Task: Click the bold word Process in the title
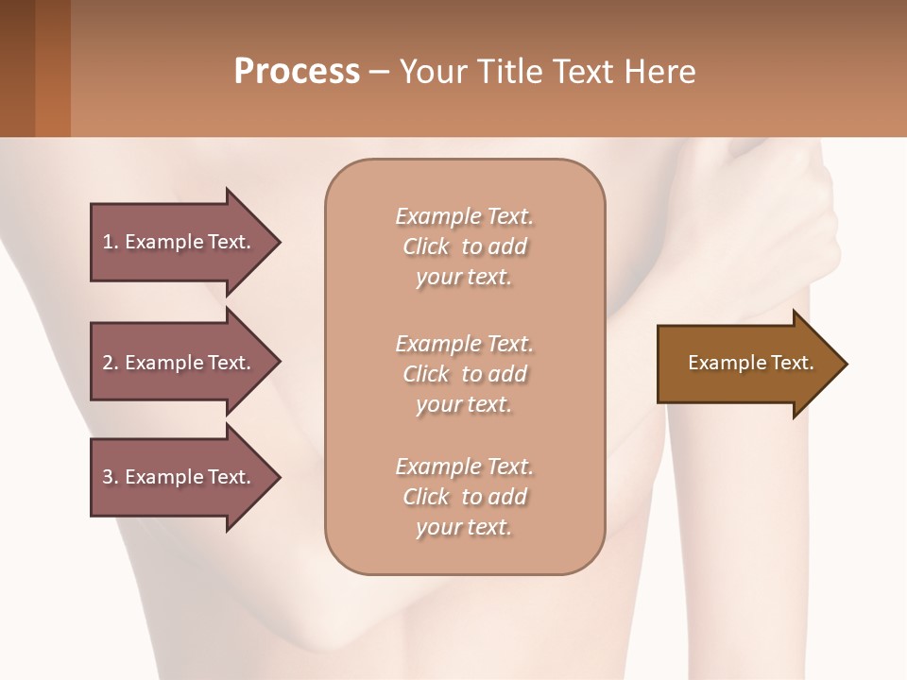tap(297, 72)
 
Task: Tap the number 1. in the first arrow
tap(110, 242)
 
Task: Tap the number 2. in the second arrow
tap(110, 363)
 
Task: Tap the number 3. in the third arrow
tap(110, 477)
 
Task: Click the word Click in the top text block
tap(426, 247)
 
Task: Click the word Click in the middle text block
tap(426, 375)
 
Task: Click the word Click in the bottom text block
tap(426, 498)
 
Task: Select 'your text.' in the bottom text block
tap(464, 528)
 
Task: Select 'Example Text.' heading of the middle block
tap(464, 344)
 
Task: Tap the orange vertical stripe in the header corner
tap(53, 68)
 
